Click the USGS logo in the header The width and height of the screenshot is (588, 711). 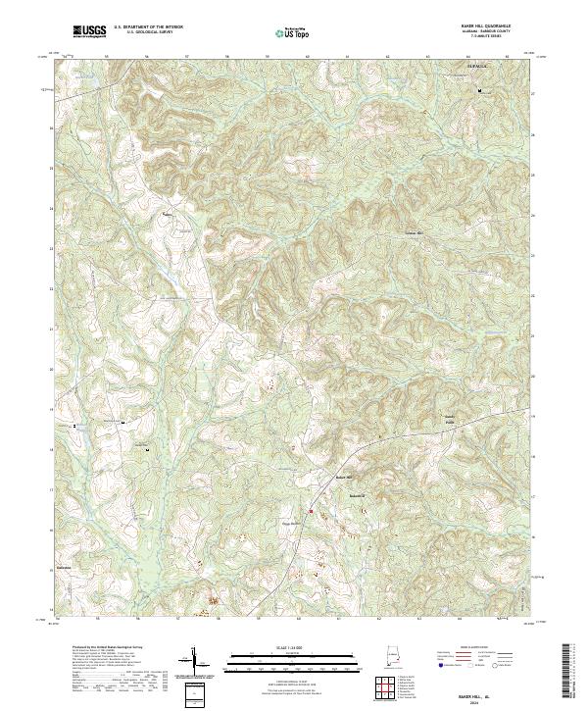coord(89,31)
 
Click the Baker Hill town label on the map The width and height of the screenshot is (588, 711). coord(343,478)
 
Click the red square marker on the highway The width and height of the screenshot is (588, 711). coord(312,511)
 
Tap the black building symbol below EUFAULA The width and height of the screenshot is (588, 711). coord(479,91)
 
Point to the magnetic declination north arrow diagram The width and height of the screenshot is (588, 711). coord(193,665)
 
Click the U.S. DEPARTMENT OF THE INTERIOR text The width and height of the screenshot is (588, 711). coord(147,28)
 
